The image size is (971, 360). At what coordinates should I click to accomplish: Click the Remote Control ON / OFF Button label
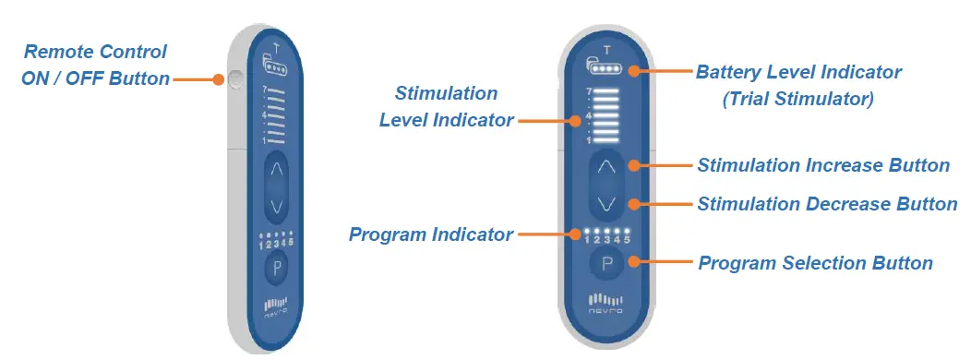(95, 65)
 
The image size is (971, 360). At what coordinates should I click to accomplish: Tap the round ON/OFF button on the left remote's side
(234, 80)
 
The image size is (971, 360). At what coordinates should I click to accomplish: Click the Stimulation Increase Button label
(823, 166)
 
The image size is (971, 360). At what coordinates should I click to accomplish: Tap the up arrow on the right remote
(606, 167)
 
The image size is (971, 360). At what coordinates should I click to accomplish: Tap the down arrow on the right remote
(606, 202)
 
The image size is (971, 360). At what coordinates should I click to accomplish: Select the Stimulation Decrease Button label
(827, 204)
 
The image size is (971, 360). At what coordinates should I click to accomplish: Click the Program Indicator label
(430, 234)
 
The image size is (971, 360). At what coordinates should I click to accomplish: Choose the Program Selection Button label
(815, 263)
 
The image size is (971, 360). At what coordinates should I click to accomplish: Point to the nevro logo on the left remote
(276, 306)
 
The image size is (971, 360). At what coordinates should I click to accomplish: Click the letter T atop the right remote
(606, 50)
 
